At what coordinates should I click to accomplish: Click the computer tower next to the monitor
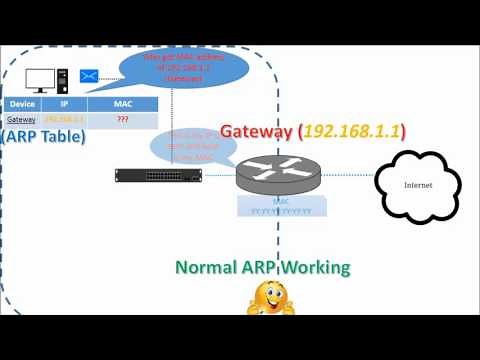tap(62, 76)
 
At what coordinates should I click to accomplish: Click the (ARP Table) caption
tap(43, 136)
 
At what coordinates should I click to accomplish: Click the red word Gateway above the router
tap(256, 131)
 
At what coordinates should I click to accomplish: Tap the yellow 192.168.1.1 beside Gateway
tap(350, 131)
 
